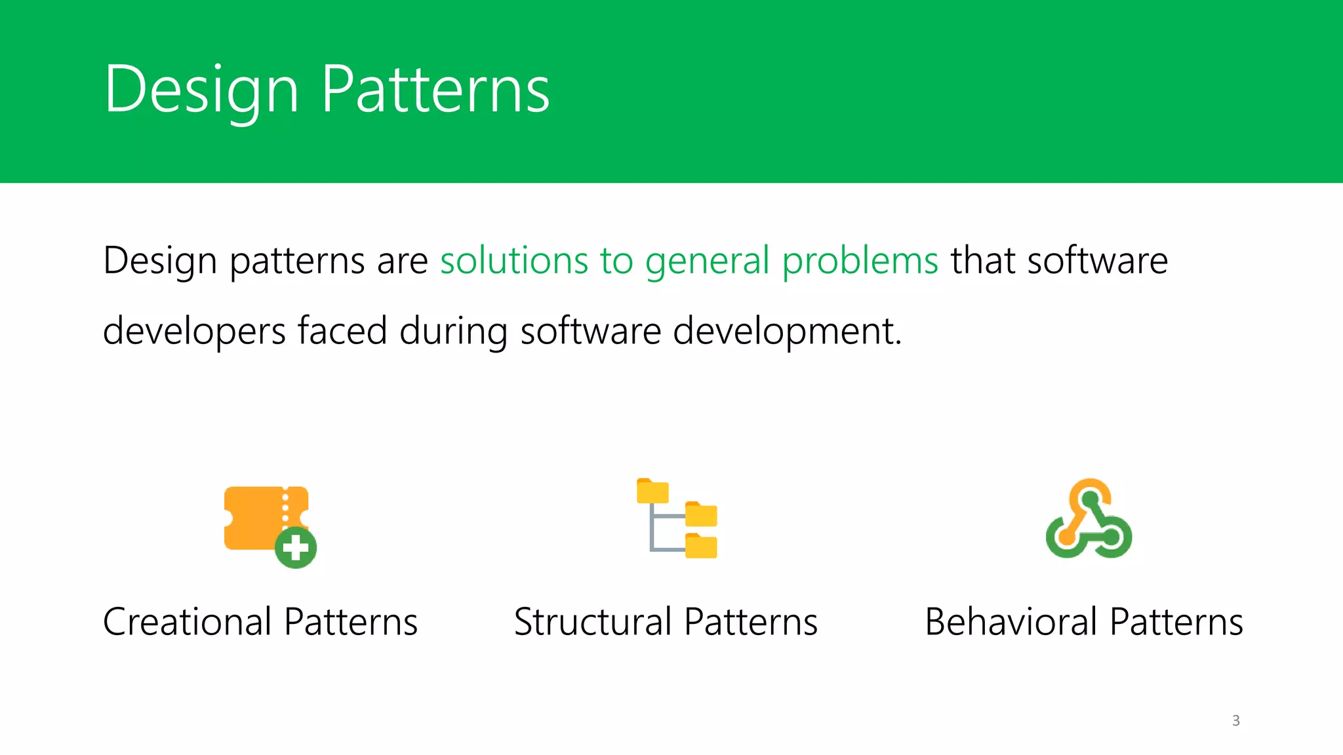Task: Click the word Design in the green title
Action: point(201,90)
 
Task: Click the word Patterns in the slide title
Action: point(435,90)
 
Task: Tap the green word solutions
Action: point(513,260)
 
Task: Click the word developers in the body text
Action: point(194,332)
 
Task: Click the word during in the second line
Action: point(453,332)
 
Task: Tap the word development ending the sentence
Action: point(786,332)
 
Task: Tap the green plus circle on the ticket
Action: point(296,547)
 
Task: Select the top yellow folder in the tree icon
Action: point(652,492)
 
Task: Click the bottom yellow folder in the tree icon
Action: point(701,546)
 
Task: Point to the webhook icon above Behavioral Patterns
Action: point(1089,519)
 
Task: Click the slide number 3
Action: point(1235,720)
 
